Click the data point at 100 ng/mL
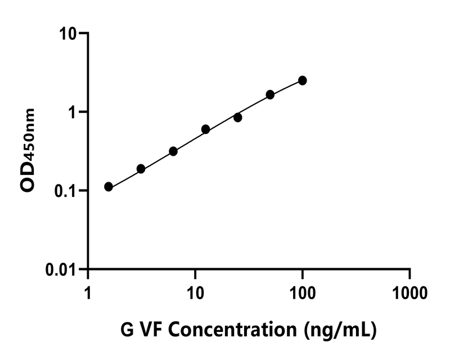(303, 80)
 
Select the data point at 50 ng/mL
(270, 94)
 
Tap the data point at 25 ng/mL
(238, 118)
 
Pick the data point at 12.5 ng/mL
(205, 129)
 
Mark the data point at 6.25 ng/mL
(173, 151)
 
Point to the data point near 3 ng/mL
(141, 169)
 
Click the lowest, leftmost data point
(109, 187)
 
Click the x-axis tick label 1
(88, 293)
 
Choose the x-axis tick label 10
(195, 293)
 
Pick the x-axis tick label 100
(302, 293)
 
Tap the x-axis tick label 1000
(409, 293)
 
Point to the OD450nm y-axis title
(29, 151)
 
